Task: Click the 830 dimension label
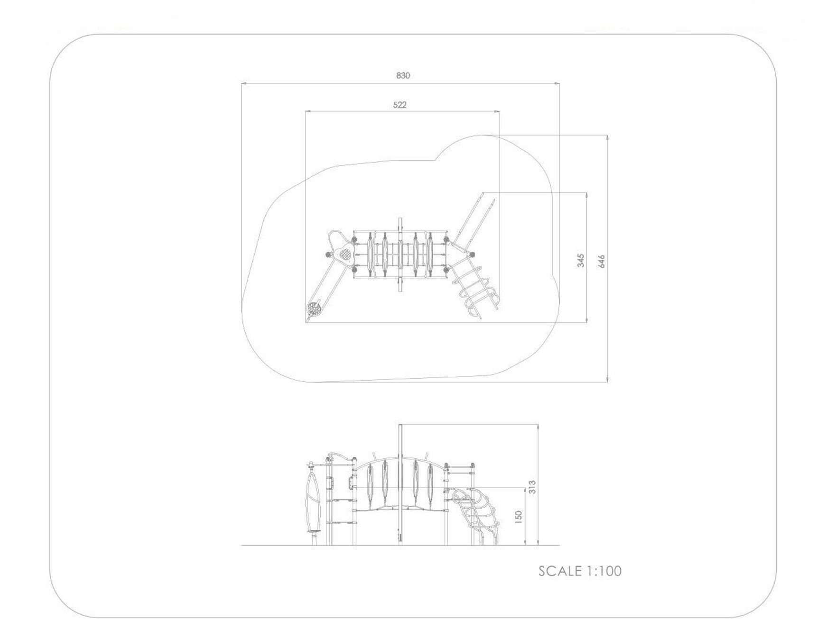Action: click(403, 75)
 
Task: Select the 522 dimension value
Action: click(400, 105)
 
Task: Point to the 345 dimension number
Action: click(581, 260)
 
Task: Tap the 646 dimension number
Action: click(602, 261)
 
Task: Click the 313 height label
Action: click(532, 487)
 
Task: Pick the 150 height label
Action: click(519, 517)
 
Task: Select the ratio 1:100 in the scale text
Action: click(604, 571)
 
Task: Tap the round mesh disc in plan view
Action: click(314, 309)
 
